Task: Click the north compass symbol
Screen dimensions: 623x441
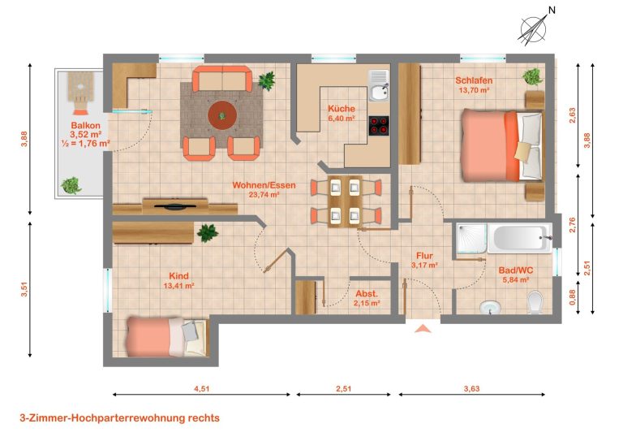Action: [535, 28]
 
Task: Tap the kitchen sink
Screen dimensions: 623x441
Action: [378, 85]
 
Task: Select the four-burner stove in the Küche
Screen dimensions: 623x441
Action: [379, 126]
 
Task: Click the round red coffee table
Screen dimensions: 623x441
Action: [222, 115]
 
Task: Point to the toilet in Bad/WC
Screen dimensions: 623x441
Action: [535, 302]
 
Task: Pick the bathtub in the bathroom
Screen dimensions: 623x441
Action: [520, 238]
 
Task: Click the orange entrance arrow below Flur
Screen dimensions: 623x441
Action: [423, 328]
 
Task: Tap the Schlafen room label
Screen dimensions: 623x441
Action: [474, 80]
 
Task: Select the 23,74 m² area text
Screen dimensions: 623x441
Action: [264, 195]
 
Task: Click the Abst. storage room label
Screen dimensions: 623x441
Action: [367, 294]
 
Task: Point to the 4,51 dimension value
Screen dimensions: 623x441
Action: [201, 388]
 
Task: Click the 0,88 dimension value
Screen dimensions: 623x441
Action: [572, 296]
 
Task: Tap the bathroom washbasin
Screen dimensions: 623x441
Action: [490, 307]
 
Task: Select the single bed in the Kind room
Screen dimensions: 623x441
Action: [167, 337]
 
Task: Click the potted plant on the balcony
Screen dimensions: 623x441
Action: [71, 185]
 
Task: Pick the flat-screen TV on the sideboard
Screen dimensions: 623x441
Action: [175, 205]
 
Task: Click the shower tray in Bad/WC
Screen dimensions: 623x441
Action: [471, 238]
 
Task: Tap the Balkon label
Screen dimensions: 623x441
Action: [85, 126]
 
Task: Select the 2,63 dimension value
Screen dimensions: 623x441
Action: [572, 115]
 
